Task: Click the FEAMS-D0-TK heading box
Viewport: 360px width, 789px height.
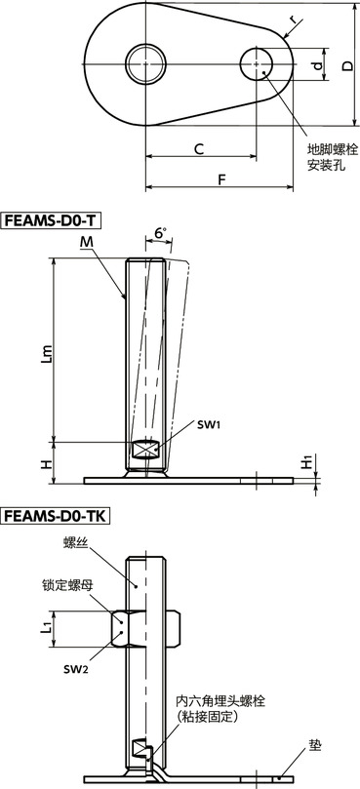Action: [x=57, y=517]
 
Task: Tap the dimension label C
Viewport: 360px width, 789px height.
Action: [x=198, y=149]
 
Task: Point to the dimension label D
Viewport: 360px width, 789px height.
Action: [x=347, y=65]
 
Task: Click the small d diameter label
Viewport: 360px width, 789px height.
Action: [x=317, y=66]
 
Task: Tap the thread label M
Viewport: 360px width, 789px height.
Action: [x=87, y=241]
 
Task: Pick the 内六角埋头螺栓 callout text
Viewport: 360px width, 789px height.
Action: [x=226, y=701]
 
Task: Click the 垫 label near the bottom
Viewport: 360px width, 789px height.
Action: [x=313, y=746]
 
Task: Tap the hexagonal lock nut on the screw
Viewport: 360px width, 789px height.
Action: [x=147, y=629]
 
